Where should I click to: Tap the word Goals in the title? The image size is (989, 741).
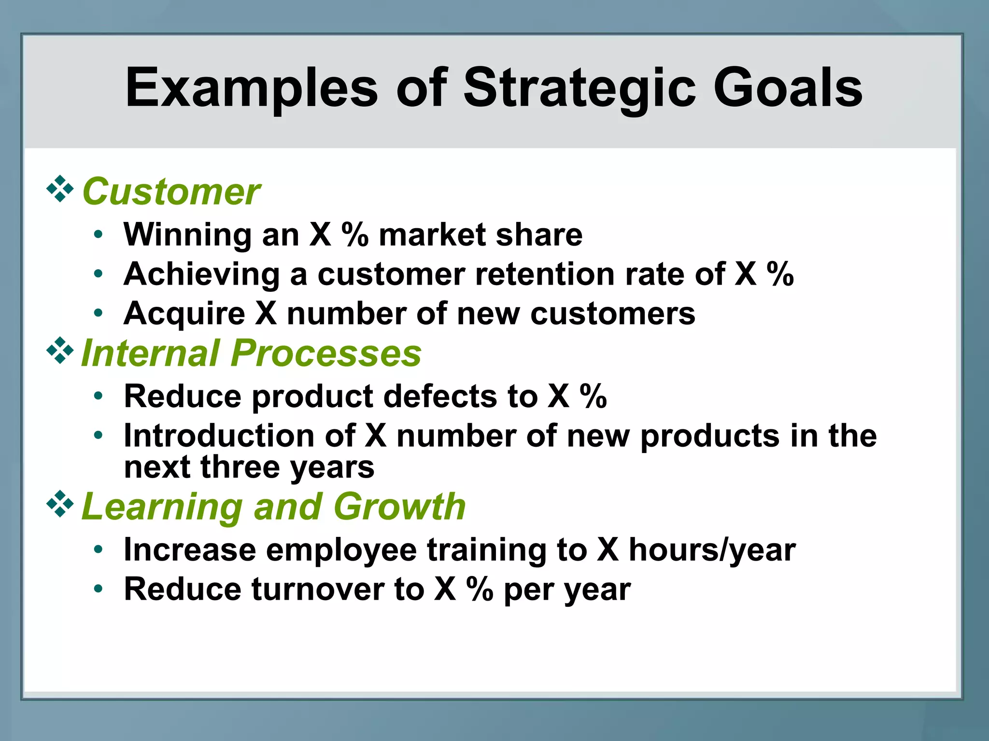pyautogui.click(x=788, y=88)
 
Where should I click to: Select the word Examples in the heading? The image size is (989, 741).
pyautogui.click(x=252, y=88)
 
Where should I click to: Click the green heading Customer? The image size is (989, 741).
pyautogui.click(x=171, y=192)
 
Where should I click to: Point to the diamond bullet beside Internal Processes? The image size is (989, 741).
pyautogui.click(x=60, y=350)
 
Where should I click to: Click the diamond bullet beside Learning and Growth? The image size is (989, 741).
pyautogui.click(x=60, y=504)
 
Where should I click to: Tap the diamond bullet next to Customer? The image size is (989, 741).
pyautogui.click(x=60, y=189)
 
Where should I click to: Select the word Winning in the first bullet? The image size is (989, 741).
pyautogui.click(x=187, y=235)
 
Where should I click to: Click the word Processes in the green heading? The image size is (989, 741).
pyautogui.click(x=326, y=353)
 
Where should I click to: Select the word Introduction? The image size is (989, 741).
pyautogui.click(x=219, y=436)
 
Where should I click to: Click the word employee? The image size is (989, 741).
pyautogui.click(x=341, y=550)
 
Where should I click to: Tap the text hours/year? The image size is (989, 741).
pyautogui.click(x=712, y=550)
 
